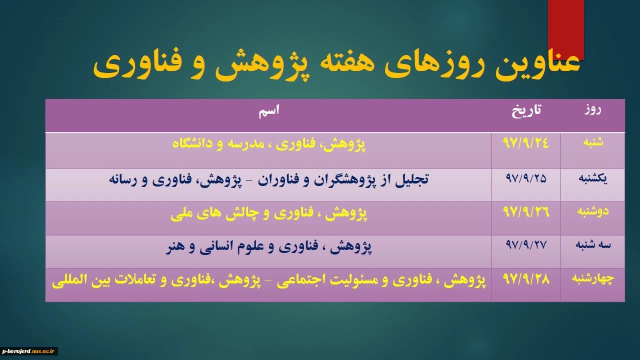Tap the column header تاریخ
pyautogui.click(x=526, y=110)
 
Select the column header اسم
pyautogui.click(x=269, y=111)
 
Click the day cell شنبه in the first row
pyautogui.click(x=593, y=142)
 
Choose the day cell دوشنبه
pyautogui.click(x=593, y=211)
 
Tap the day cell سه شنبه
pyautogui.click(x=593, y=245)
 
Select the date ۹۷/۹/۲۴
pyautogui.click(x=525, y=143)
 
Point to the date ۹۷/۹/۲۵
pyautogui.click(x=526, y=178)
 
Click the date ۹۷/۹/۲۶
pyautogui.click(x=526, y=211)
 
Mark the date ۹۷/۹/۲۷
pyautogui.click(x=526, y=245)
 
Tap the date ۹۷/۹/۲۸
pyautogui.click(x=526, y=279)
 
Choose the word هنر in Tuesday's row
pyautogui.click(x=174, y=246)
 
